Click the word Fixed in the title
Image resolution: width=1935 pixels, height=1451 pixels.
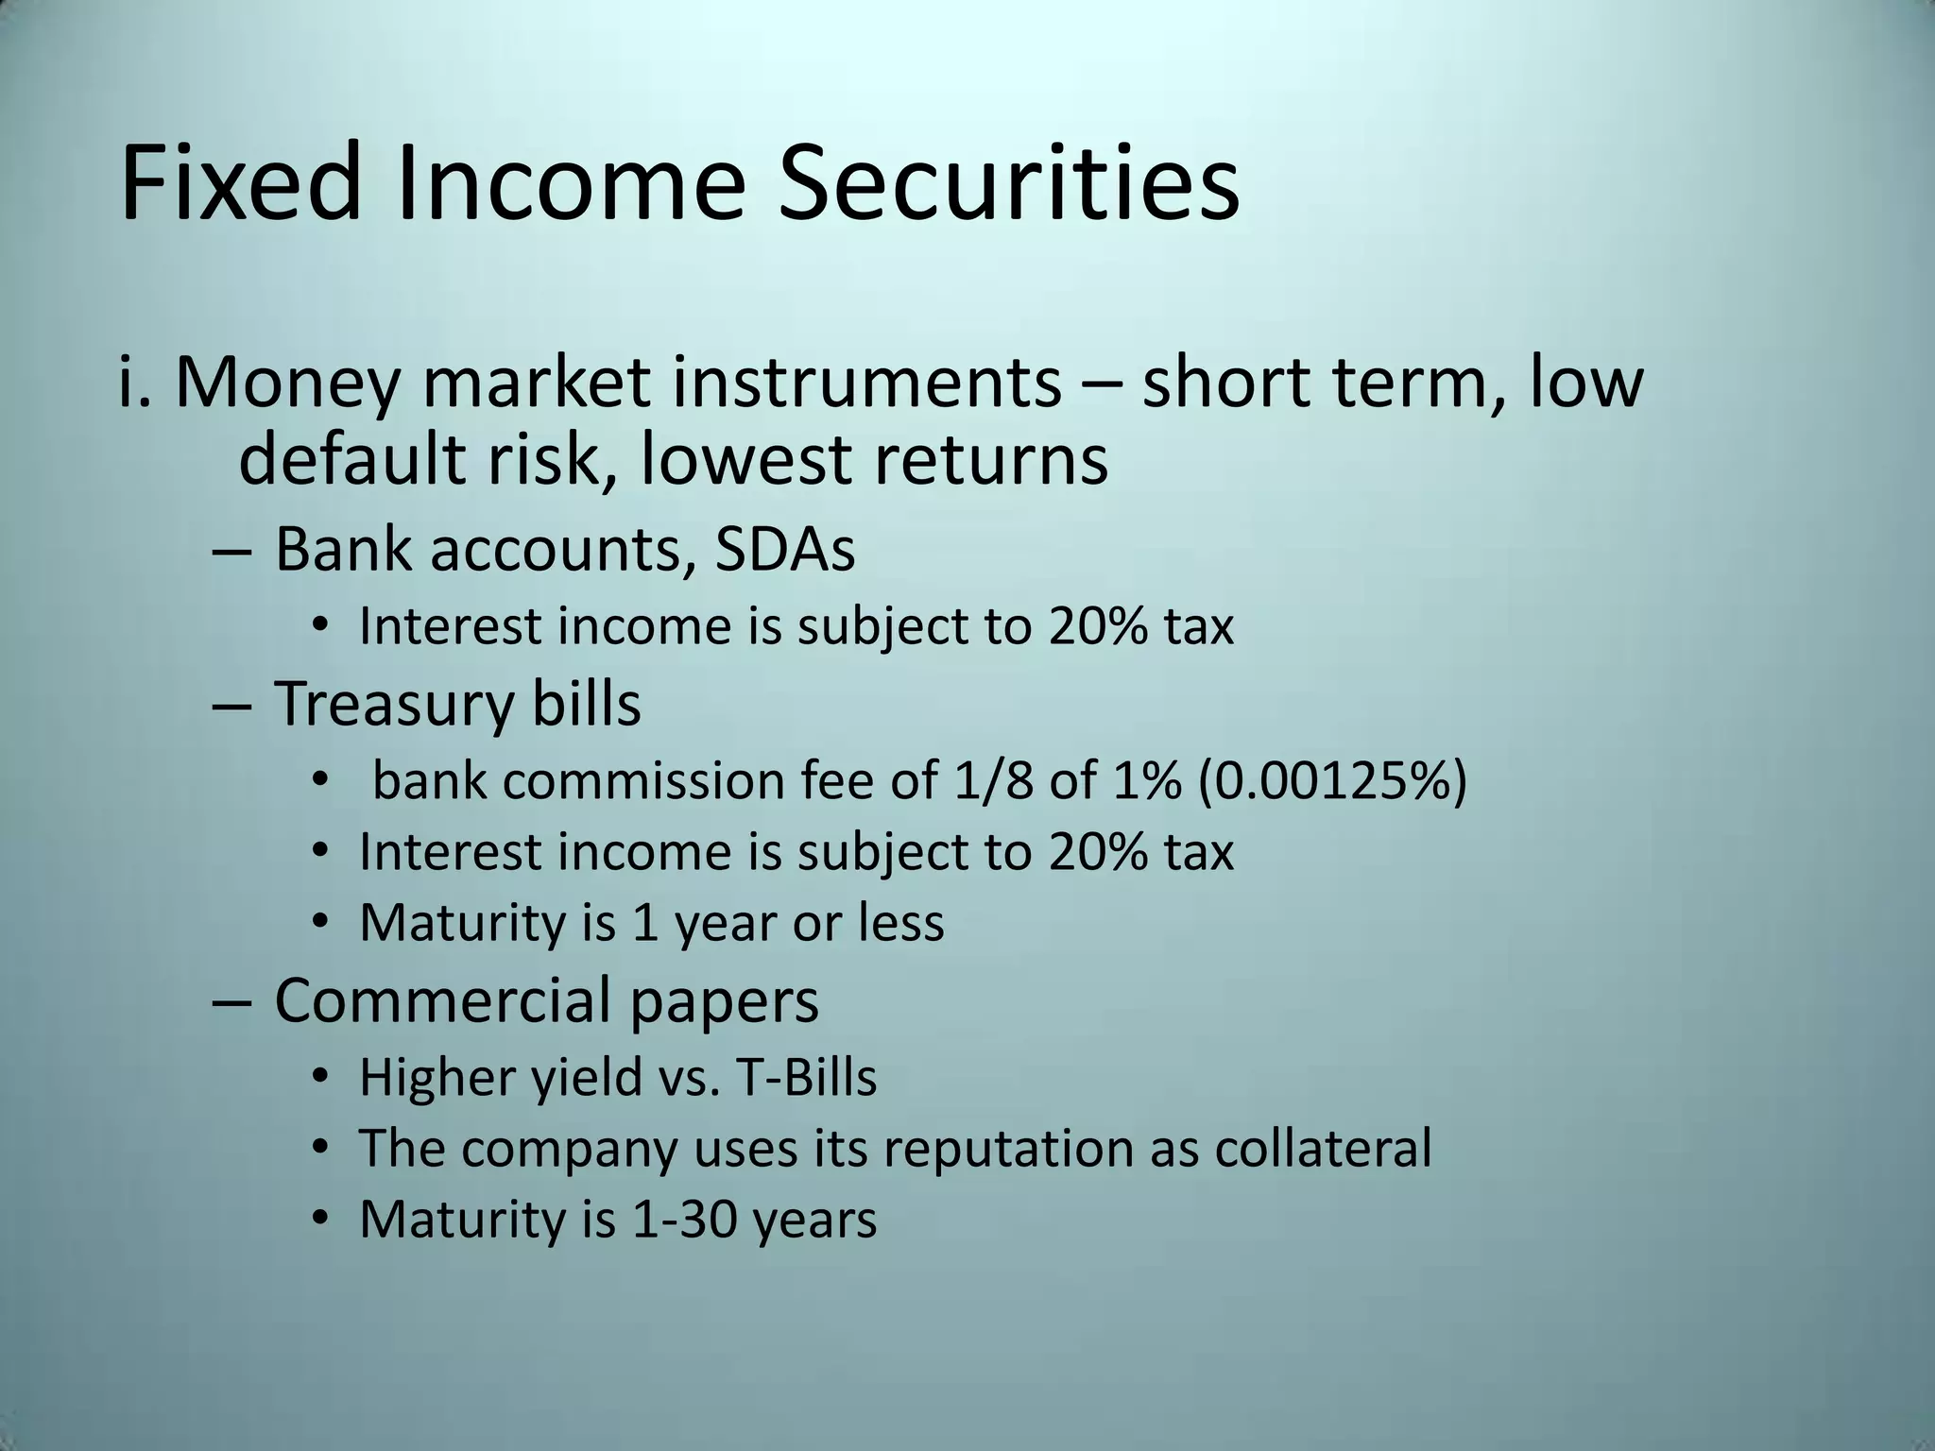pos(240,181)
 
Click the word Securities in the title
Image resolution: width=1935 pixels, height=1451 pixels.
pos(1008,181)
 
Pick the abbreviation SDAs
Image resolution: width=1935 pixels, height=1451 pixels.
pos(784,549)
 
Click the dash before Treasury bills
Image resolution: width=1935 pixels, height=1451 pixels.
pos(231,706)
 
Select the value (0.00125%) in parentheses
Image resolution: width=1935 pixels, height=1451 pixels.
pos(1332,781)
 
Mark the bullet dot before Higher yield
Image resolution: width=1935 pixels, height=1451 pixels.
pos(320,1077)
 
